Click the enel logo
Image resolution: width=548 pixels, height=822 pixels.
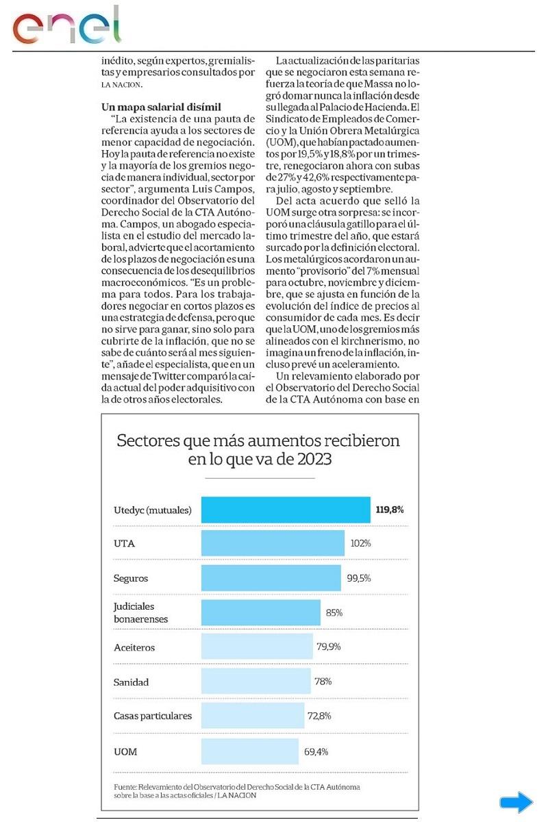pyautogui.click(x=67, y=26)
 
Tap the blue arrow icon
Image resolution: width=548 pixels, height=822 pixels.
pyautogui.click(x=516, y=802)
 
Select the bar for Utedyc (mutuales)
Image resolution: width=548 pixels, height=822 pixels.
pyautogui.click(x=286, y=510)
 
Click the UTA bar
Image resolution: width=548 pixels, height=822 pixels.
pyautogui.click(x=273, y=543)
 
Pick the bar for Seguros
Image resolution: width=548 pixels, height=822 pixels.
pyautogui.click(x=271, y=577)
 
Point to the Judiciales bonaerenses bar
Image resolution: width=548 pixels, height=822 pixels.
pyautogui.click(x=261, y=612)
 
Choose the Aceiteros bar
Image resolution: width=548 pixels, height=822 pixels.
pyautogui.click(x=257, y=647)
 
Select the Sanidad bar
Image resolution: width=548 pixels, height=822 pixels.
pyautogui.click(x=256, y=682)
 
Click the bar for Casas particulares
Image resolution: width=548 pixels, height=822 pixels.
pyautogui.click(x=253, y=716)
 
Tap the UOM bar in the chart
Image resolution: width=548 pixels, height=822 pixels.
pyautogui.click(x=250, y=751)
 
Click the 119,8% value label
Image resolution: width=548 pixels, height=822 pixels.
pyautogui.click(x=390, y=510)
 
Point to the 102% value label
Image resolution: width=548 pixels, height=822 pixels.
pyautogui.click(x=360, y=543)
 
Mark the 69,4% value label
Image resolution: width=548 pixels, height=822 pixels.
pyautogui.click(x=316, y=751)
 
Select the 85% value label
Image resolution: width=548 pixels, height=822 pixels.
pyautogui.click(x=334, y=612)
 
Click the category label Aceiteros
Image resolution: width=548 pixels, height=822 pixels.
pyautogui.click(x=134, y=647)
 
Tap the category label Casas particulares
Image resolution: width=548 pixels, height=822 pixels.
pyautogui.click(x=152, y=716)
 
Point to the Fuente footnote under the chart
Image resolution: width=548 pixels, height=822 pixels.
pyautogui.click(x=236, y=791)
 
